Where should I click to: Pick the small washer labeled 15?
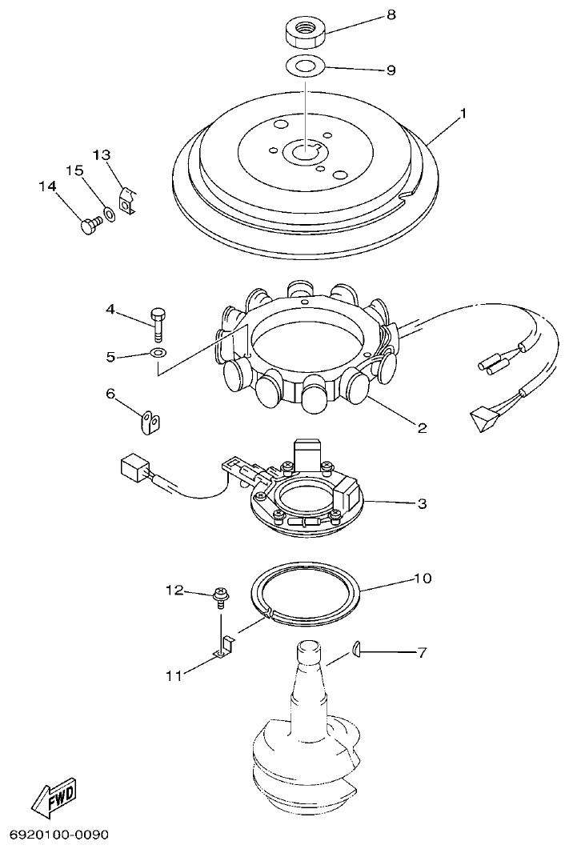coord(107,215)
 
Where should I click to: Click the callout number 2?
coord(421,427)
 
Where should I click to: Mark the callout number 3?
coord(421,504)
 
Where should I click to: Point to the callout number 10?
coord(422,578)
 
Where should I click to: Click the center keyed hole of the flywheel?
coord(306,149)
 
